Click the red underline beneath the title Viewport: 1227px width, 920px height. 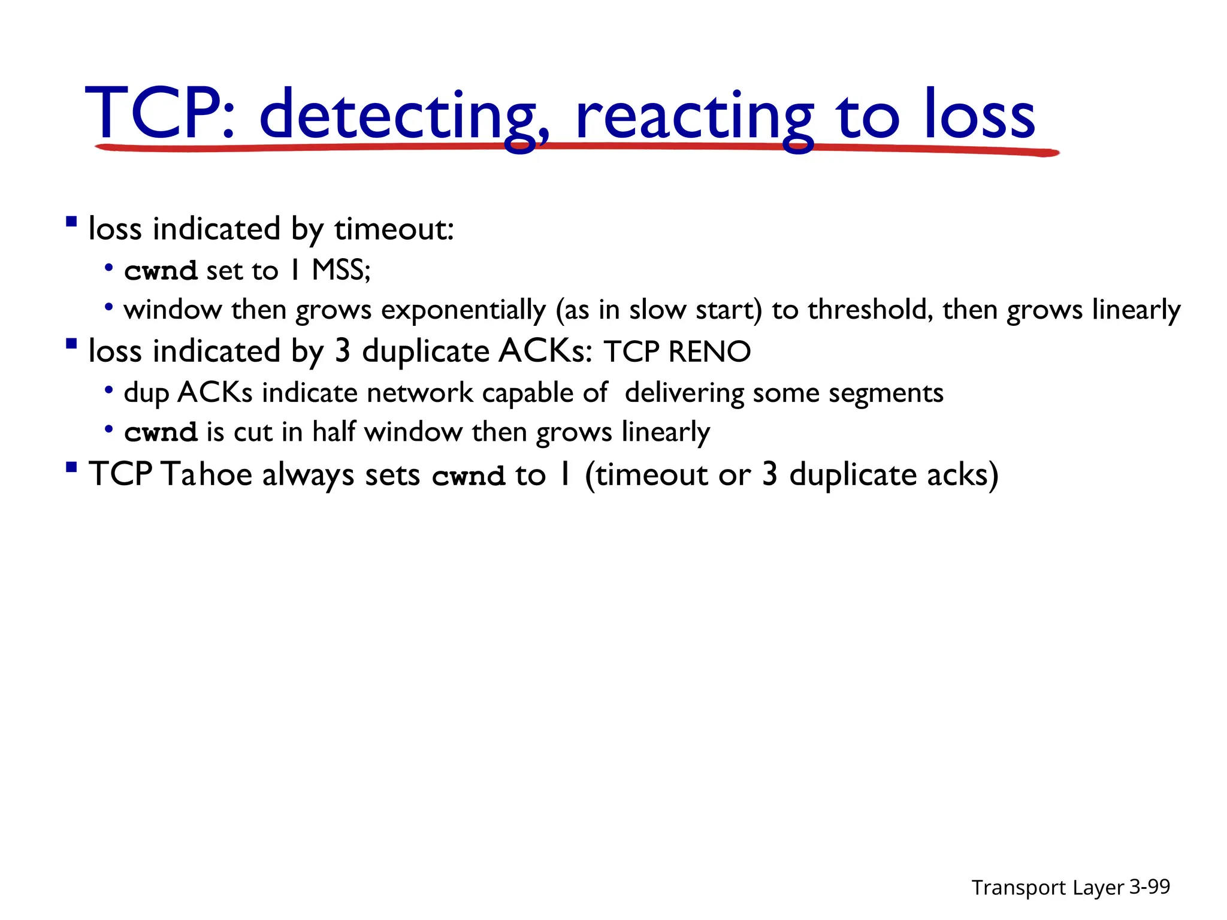click(575, 147)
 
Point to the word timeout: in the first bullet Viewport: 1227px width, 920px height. click(394, 229)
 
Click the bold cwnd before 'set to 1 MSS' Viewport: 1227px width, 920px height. click(161, 271)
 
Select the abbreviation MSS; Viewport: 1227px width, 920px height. click(341, 270)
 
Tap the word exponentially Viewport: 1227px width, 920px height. click(463, 311)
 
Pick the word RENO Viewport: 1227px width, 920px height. click(709, 352)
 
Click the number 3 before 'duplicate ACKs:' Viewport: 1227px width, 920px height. click(342, 351)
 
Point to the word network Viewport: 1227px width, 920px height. click(419, 393)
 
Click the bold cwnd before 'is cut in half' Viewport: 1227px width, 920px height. click(161, 432)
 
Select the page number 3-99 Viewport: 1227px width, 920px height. click(1149, 886)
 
